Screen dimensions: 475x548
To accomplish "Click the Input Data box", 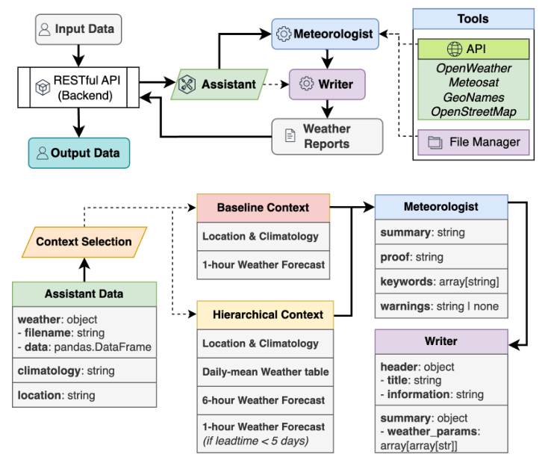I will pos(78,29).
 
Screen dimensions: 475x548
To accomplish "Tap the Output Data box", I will pos(78,153).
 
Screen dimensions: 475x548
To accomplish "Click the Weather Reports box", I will pos(326,136).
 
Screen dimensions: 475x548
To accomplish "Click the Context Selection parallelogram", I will pos(84,241).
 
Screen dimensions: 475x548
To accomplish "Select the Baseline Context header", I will pos(263,207).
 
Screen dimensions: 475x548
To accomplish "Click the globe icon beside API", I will pos(455,50).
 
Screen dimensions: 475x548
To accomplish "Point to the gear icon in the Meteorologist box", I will pos(283,34).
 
